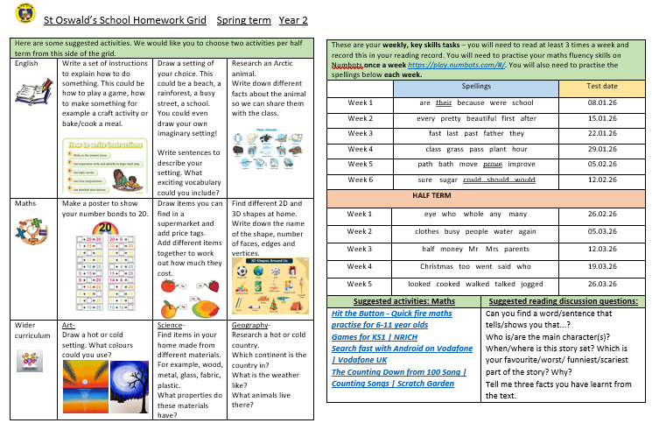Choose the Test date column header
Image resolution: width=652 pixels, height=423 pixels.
(x=602, y=88)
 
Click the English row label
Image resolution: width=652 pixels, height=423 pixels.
(x=26, y=64)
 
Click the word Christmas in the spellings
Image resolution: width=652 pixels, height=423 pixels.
(x=438, y=266)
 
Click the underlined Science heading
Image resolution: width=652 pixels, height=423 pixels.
(x=171, y=325)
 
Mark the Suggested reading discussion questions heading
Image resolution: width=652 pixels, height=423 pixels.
(x=561, y=301)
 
